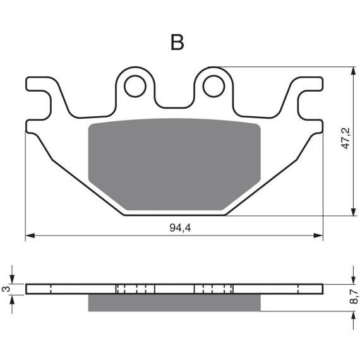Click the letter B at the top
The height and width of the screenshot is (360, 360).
click(177, 42)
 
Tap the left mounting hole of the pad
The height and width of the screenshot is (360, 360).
click(135, 86)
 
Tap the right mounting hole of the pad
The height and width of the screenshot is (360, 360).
click(213, 86)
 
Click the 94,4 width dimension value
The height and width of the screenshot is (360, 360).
click(180, 228)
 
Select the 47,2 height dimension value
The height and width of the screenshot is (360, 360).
click(345, 138)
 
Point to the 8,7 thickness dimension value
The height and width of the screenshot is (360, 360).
click(354, 297)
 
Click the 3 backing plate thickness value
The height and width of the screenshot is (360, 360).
click(6, 289)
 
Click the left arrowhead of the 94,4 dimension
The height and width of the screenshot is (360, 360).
click(30, 236)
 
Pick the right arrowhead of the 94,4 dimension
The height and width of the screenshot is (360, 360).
click(318, 236)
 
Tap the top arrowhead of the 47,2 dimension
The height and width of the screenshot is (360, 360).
click(353, 71)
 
